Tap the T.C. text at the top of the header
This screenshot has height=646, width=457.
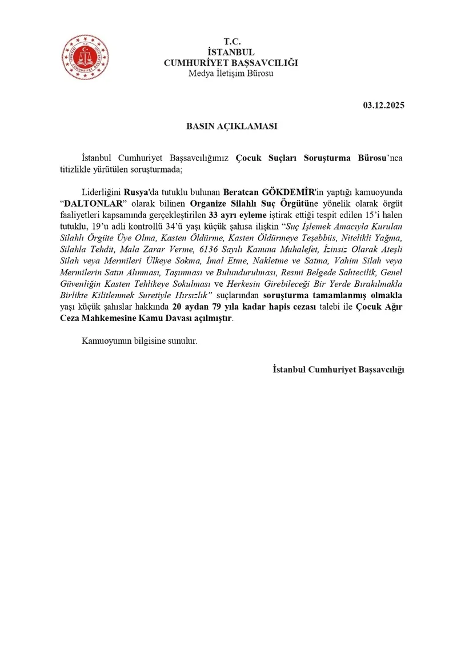pyautogui.click(x=231, y=42)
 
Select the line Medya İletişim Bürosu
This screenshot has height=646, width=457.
pyautogui.click(x=231, y=74)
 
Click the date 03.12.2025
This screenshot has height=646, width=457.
pyautogui.click(x=383, y=105)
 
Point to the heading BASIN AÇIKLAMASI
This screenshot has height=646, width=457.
pyautogui.click(x=231, y=126)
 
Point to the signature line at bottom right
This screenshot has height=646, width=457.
pyautogui.click(x=338, y=370)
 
